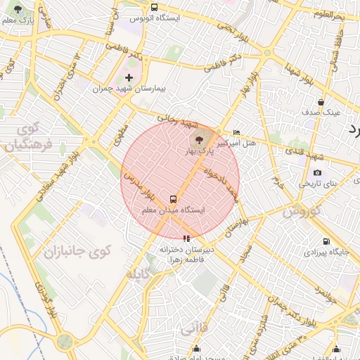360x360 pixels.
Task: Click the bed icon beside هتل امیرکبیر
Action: tap(236, 132)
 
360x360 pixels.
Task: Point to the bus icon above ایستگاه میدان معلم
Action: tap(174, 199)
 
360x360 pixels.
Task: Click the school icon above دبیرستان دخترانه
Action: tap(186, 238)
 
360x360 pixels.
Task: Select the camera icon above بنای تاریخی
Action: tap(317, 173)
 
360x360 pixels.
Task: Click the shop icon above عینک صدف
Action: tap(321, 102)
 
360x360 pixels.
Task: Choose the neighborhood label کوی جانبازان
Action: tap(71, 251)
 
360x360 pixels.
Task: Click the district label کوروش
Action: tap(302, 210)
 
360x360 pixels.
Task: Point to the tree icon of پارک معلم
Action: tap(18, 10)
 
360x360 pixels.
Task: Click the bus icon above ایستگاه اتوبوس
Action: tap(154, 6)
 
